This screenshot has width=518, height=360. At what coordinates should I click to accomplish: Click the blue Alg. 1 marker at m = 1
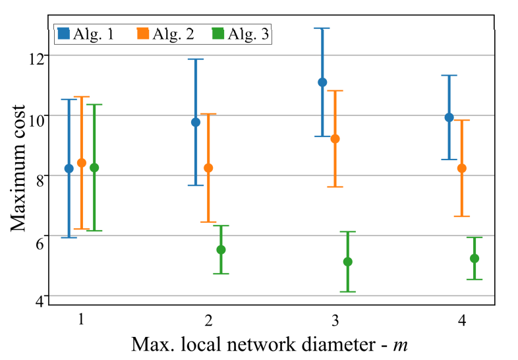69,168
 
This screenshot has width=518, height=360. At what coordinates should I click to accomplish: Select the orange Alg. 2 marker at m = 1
82,163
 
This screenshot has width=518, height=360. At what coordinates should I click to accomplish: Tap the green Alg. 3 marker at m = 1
94,167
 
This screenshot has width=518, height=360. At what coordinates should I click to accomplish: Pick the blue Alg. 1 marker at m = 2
196,122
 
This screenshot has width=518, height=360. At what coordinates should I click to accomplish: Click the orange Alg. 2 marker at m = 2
208,168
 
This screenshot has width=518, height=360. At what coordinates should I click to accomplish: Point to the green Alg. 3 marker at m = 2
221,249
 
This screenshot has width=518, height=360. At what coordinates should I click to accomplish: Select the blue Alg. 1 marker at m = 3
322,82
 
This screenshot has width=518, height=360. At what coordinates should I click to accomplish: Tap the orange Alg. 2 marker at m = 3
335,138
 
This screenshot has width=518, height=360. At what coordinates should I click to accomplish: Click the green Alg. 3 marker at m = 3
348,262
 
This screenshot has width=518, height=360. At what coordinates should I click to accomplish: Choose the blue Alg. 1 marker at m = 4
449,117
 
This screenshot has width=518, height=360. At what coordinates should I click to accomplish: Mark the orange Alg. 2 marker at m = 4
461,168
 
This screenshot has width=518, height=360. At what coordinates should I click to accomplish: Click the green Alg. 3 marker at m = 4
475,258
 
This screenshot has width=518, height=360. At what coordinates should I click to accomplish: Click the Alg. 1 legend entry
86,34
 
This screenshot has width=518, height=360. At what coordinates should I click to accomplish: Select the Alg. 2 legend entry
165,34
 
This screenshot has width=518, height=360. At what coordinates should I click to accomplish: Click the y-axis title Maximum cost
20,168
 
